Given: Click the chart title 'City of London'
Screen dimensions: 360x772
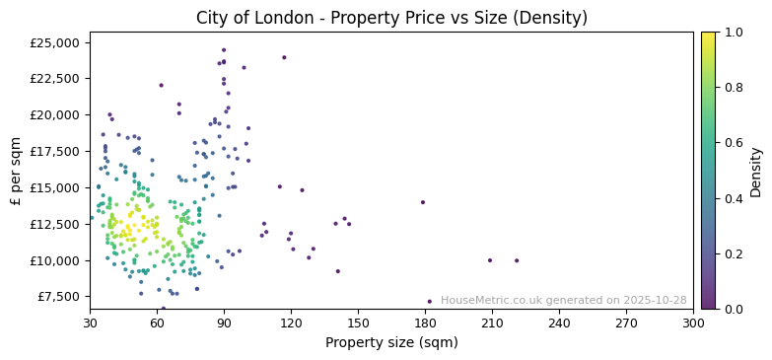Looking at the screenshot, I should (x=391, y=18).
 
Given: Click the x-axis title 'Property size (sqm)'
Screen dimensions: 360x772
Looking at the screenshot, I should (x=391, y=342).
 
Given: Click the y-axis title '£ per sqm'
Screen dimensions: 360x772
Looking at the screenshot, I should (x=17, y=171).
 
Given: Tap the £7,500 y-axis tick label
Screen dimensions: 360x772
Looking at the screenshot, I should (x=57, y=297).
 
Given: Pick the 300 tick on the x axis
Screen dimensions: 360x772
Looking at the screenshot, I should (x=693, y=323).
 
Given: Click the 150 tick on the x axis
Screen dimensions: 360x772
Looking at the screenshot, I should (x=358, y=323).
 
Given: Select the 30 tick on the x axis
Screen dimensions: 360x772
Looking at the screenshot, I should (x=90, y=323).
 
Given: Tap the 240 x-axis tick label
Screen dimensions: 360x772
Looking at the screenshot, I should (x=559, y=323).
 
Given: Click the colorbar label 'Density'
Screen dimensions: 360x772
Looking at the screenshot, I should (x=756, y=171).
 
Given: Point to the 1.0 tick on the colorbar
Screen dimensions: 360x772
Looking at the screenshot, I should (x=734, y=33).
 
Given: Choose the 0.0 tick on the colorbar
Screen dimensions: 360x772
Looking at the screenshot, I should (x=734, y=309).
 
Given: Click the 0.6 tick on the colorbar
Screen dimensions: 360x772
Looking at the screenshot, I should (x=734, y=143).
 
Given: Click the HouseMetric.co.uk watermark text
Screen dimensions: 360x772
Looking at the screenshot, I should (x=563, y=301).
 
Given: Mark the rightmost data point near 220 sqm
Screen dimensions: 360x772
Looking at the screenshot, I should (x=516, y=260).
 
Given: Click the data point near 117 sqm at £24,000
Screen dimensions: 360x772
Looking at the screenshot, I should (x=284, y=57).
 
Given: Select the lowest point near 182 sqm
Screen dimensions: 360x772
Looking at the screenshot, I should (x=429, y=302).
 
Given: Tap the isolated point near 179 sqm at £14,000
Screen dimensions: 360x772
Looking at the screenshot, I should (x=423, y=202).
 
